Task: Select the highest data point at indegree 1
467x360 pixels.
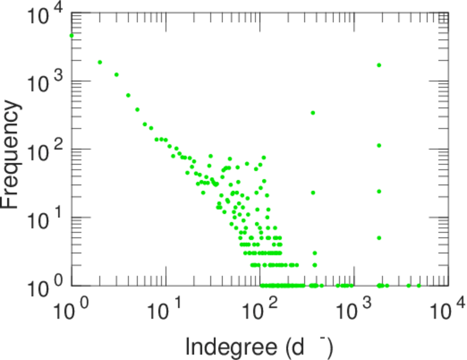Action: pyautogui.click(x=72, y=35)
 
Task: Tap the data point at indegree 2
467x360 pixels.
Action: pyautogui.click(x=100, y=62)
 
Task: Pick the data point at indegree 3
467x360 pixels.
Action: pyautogui.click(x=116, y=74)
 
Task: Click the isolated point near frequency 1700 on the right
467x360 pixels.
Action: pyautogui.click(x=379, y=65)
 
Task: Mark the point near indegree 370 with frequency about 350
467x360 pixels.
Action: pyautogui.click(x=313, y=113)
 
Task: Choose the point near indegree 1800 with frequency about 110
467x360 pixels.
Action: pyautogui.click(x=379, y=145)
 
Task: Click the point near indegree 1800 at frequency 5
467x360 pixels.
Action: pyautogui.click(x=379, y=238)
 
